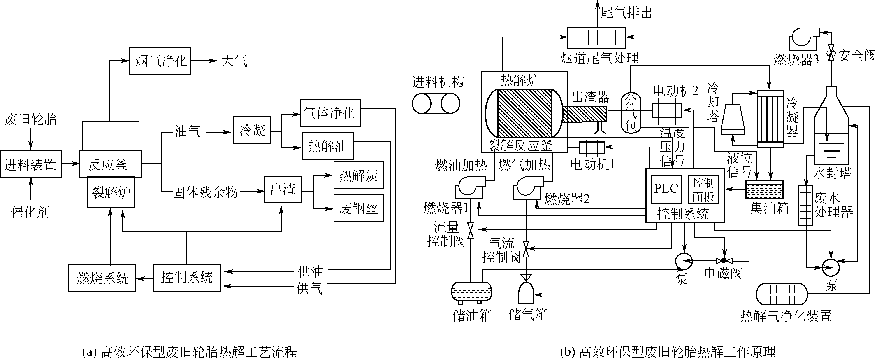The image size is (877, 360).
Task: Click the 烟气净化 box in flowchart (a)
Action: pyautogui.click(x=160, y=61)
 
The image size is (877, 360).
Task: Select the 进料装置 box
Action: pyautogui.click(x=31, y=164)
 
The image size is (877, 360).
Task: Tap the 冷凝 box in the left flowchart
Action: pyautogui.click(x=252, y=130)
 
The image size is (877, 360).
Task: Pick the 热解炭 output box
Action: pyautogui.click(x=358, y=175)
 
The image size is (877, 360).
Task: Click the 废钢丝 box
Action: pyautogui.click(x=358, y=208)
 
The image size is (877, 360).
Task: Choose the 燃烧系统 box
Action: pyautogui.click(x=102, y=278)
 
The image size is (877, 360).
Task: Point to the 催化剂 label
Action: pyautogui.click(x=30, y=212)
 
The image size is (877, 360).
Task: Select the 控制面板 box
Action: pyautogui.click(x=703, y=189)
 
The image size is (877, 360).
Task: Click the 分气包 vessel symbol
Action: pyautogui.click(x=631, y=113)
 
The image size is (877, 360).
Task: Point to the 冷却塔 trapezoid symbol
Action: pyautogui.click(x=733, y=119)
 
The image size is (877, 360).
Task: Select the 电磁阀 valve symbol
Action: pyautogui.click(x=724, y=261)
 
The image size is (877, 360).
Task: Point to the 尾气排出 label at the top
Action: pyautogui.click(x=626, y=13)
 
